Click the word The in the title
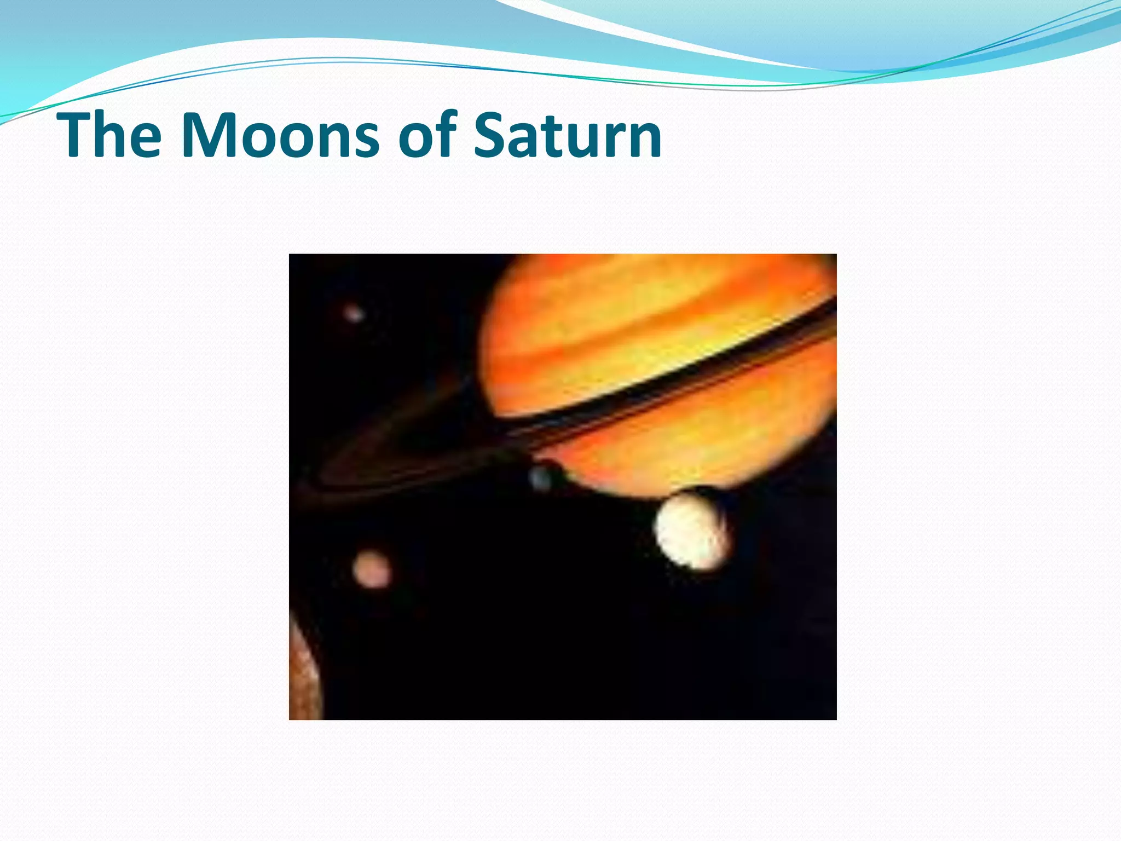point(109,135)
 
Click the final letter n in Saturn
point(643,140)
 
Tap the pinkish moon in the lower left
point(372,569)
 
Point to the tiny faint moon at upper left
point(354,314)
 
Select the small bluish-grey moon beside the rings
point(541,479)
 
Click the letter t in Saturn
point(553,137)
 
